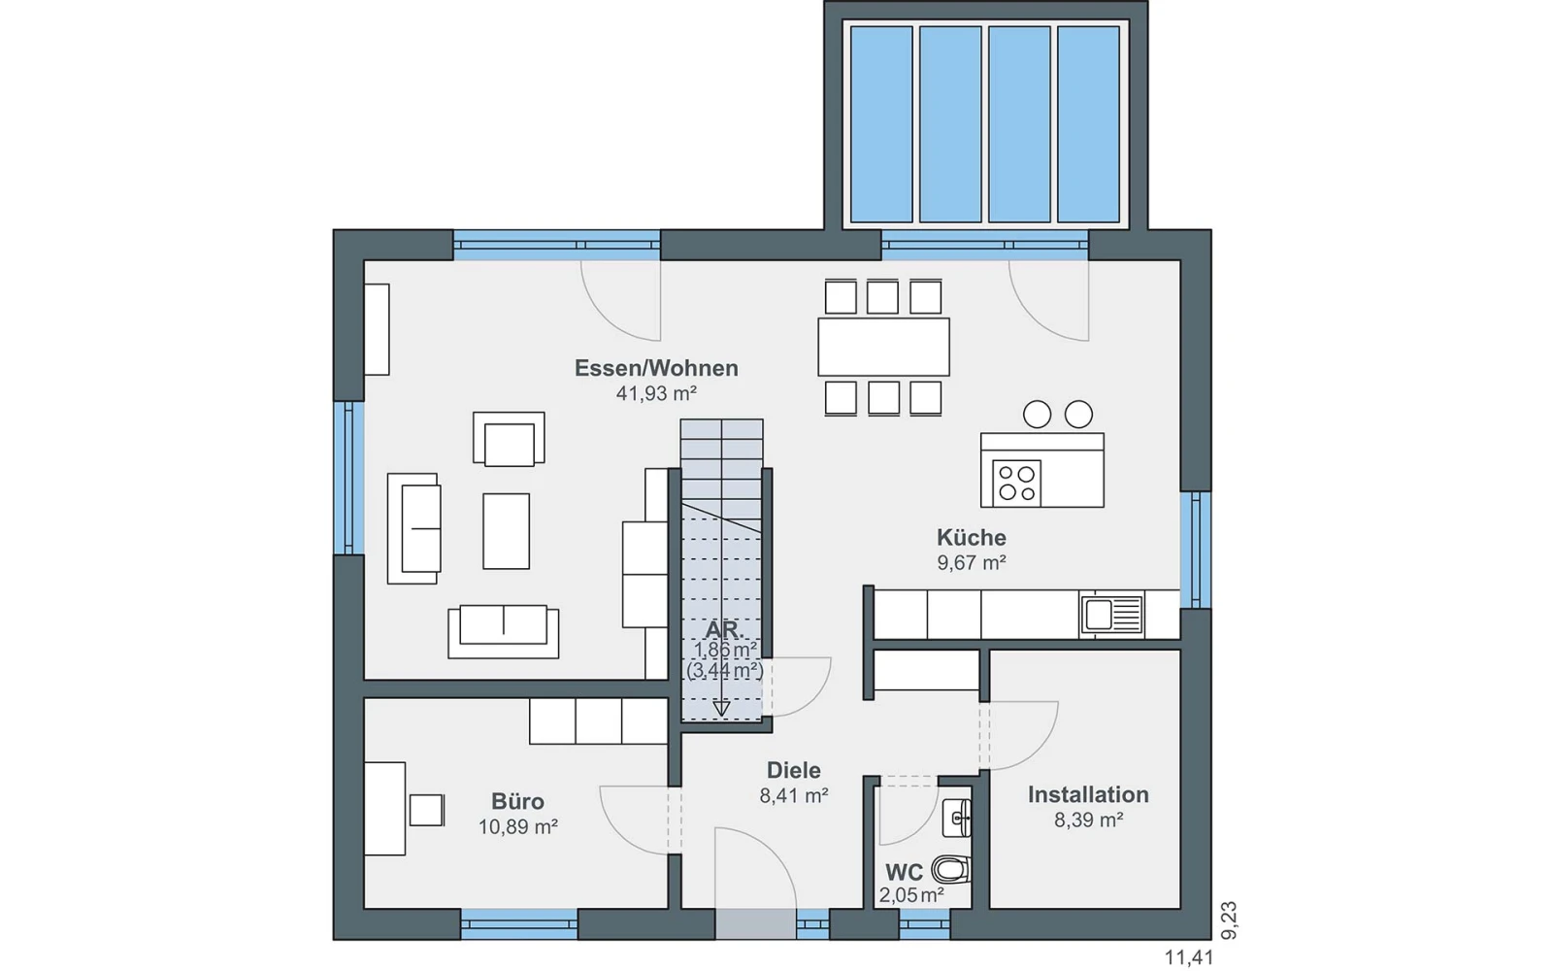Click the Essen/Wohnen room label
(656, 368)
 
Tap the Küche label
(972, 538)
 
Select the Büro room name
(517, 802)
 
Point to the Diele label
(793, 771)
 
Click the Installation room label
(1088, 795)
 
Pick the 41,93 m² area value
(656, 394)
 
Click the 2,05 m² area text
(911, 895)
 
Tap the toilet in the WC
(951, 869)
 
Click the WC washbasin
(957, 819)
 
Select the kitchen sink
(1111, 616)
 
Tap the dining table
(883, 347)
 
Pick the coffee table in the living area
(506, 531)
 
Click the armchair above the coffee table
(509, 438)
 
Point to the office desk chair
(426, 810)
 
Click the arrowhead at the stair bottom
(722, 709)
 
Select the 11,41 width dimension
(1189, 957)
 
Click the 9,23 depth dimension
(1229, 921)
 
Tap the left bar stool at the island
(1038, 415)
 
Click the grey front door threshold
(756, 924)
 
